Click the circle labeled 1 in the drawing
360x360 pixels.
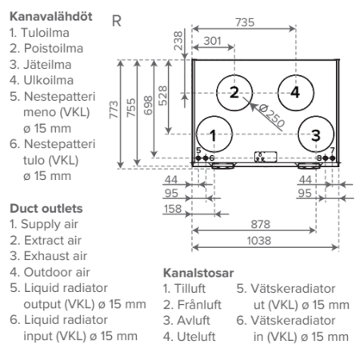point(197,134)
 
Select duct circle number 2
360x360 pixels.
point(217,93)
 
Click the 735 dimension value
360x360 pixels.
point(245,22)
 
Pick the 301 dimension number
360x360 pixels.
point(213,41)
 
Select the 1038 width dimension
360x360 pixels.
point(259,241)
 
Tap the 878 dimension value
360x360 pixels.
point(261,224)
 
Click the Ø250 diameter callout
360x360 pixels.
point(272,115)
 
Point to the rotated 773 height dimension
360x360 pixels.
point(114,110)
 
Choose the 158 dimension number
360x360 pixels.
point(173,209)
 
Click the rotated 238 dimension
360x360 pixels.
point(178,41)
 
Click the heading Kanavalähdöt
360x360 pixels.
point(51,17)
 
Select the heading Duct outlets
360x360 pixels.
point(46,209)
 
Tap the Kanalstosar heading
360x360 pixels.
point(198,273)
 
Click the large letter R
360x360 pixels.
point(117,21)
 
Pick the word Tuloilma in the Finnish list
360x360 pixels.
point(45,33)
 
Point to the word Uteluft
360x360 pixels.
point(196,337)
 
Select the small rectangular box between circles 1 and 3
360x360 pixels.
point(266,157)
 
